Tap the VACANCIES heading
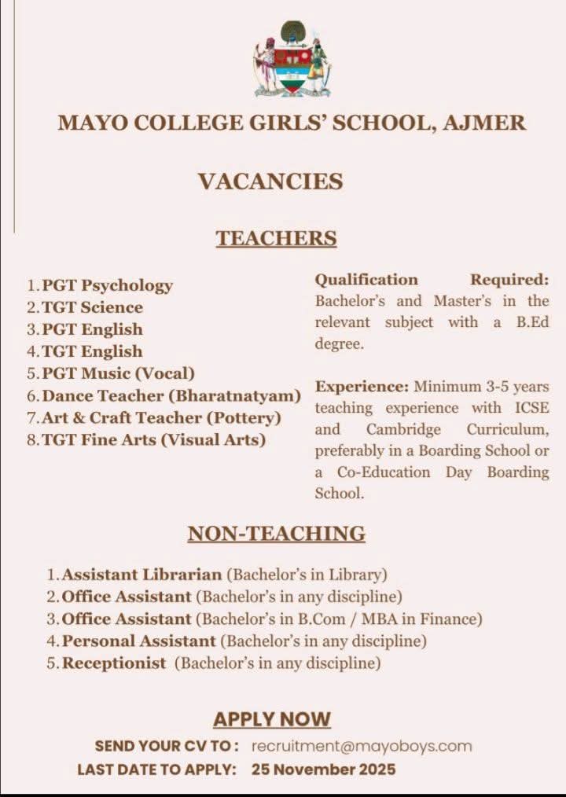270,182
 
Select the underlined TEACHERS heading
276,238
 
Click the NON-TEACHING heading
276,534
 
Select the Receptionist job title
114,663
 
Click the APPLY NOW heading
272,719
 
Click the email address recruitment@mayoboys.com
362,746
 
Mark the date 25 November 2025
324,769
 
